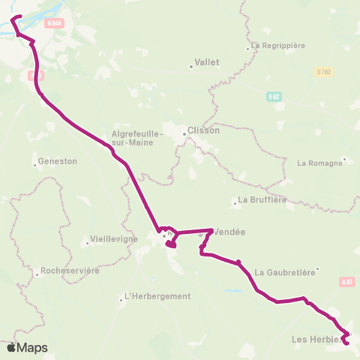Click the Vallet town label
click(x=207, y=62)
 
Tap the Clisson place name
click(x=205, y=130)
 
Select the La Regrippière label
click(x=278, y=45)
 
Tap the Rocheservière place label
click(x=71, y=271)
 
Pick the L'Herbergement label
click(x=157, y=296)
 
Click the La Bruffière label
click(x=262, y=200)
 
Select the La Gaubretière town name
click(x=284, y=272)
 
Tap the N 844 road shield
click(x=54, y=23)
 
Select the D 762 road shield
click(x=323, y=71)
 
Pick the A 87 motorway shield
click(x=346, y=282)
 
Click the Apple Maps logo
click(x=27, y=347)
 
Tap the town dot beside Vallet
click(x=191, y=66)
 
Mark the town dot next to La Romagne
click(x=344, y=159)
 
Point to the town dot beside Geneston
click(x=35, y=163)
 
